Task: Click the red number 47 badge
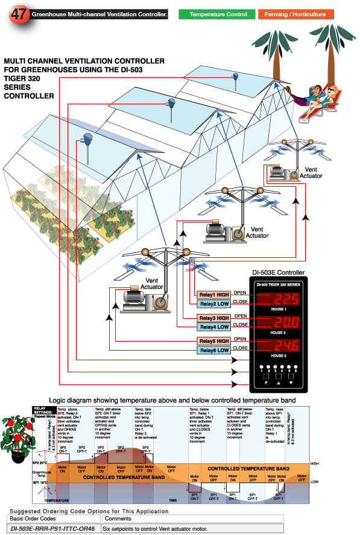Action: pyautogui.click(x=17, y=14)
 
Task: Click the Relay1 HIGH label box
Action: pyautogui.click(x=214, y=295)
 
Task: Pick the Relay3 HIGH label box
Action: pyautogui.click(x=214, y=318)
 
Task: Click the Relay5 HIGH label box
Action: pyautogui.click(x=214, y=342)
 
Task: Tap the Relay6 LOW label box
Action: pyautogui.click(x=214, y=350)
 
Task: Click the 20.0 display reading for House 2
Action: pyautogui.click(x=279, y=324)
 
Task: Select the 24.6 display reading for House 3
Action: pyautogui.click(x=279, y=346)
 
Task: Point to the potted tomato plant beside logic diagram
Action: pyautogui.click(x=16, y=436)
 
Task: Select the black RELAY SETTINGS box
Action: pyautogui.click(x=42, y=411)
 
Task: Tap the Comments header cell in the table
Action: pyautogui.click(x=117, y=518)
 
